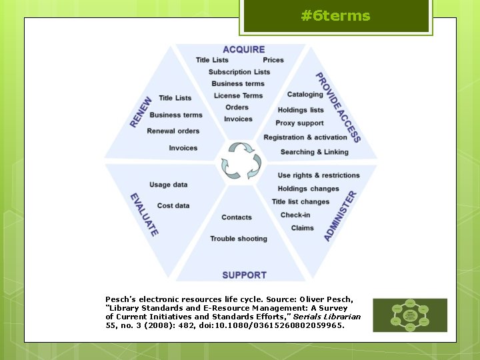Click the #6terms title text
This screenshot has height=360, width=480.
(x=335, y=16)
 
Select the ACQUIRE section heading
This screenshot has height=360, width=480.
(x=243, y=49)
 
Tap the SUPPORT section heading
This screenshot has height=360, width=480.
(x=244, y=275)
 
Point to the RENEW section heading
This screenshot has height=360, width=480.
(x=141, y=112)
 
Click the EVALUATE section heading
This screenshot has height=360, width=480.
(x=144, y=215)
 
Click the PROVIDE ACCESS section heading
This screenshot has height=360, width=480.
(x=337, y=107)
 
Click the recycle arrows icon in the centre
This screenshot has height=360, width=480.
(x=240, y=160)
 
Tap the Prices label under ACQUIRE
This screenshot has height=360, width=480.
(x=273, y=60)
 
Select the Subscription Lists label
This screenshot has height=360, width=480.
(x=239, y=72)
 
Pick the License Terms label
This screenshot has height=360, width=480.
(x=238, y=95)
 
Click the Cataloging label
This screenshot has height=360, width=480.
(x=305, y=94)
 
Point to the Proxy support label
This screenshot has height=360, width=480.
(x=299, y=123)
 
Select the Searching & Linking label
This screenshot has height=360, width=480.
(x=314, y=152)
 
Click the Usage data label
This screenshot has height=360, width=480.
(x=169, y=185)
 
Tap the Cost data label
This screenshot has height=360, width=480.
(x=173, y=205)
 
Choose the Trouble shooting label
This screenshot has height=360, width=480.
(x=239, y=239)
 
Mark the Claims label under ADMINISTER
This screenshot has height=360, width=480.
(x=302, y=228)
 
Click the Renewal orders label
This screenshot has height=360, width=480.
(x=173, y=131)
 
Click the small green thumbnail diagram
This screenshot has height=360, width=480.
(x=409, y=315)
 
